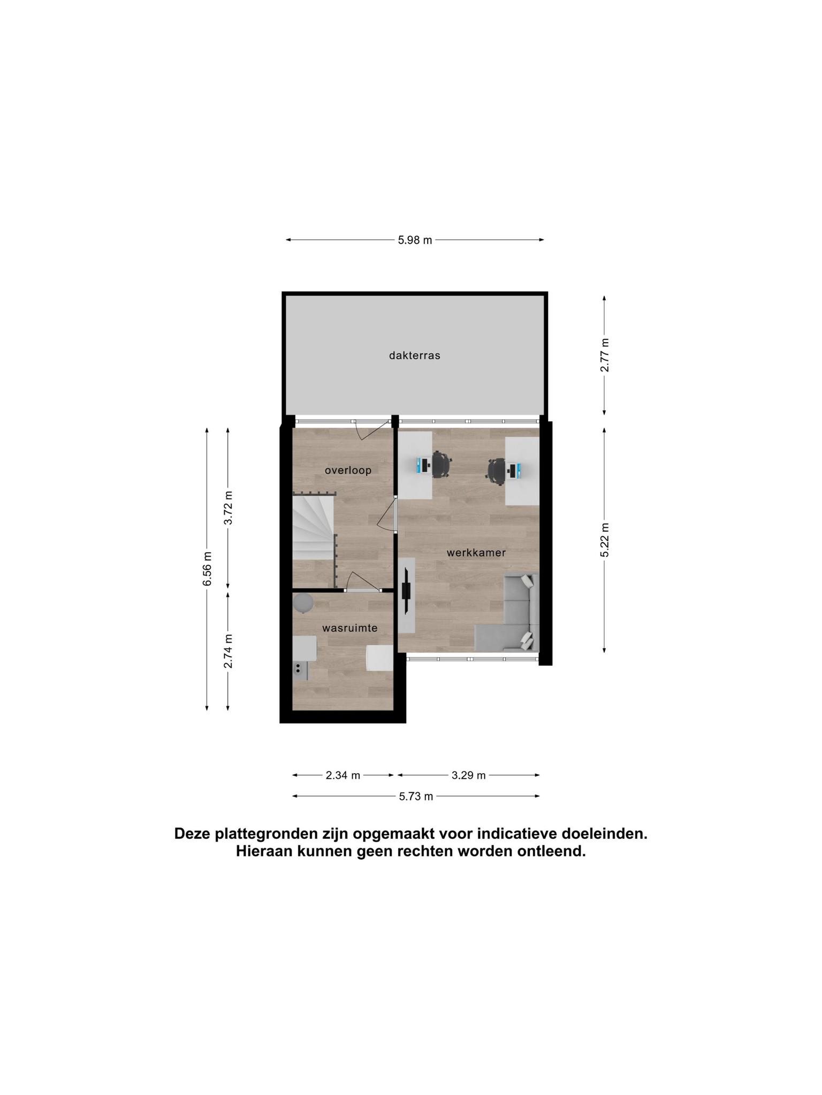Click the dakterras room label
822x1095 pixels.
[x=414, y=356]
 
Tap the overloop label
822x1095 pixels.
[x=348, y=471]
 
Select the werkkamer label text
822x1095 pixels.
[x=476, y=553]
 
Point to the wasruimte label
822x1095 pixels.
[x=349, y=628]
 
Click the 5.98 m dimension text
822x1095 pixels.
[x=415, y=240]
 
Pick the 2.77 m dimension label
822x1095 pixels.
[x=605, y=355]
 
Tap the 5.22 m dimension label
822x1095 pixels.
[x=605, y=539]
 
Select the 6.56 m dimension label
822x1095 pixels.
[x=207, y=568]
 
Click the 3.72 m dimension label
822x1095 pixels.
[x=228, y=508]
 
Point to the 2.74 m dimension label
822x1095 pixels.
[x=228, y=651]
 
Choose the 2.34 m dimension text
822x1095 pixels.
[x=343, y=775]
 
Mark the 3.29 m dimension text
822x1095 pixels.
[x=468, y=775]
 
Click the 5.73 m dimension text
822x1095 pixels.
[x=416, y=797]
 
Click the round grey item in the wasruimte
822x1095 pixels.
[x=303, y=603]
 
